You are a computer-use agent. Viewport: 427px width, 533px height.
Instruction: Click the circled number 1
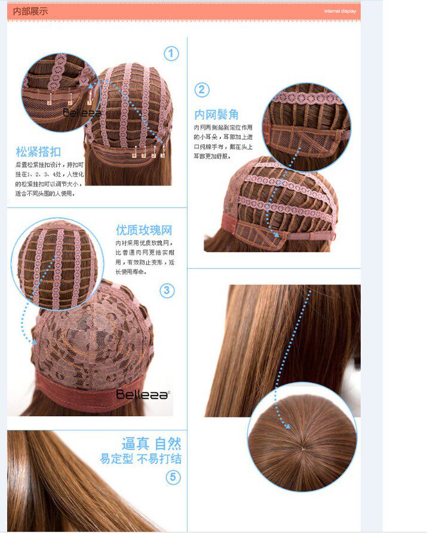point(171,54)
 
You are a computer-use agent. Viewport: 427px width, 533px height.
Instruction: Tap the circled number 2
point(202,90)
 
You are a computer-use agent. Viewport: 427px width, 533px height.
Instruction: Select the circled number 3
point(167,291)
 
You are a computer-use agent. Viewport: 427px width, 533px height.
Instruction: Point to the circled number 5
point(173,477)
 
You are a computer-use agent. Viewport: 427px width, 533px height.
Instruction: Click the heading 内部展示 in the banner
point(30,11)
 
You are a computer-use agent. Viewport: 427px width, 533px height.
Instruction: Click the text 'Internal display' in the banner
point(340,11)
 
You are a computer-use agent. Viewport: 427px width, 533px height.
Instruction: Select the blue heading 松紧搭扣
point(38,152)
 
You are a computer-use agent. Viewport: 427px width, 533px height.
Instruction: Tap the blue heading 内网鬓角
point(216,115)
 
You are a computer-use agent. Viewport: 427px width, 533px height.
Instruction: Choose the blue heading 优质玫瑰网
point(144,230)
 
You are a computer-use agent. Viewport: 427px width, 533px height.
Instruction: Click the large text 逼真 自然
point(151,443)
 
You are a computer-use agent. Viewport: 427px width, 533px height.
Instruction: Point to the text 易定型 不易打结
point(141,459)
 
